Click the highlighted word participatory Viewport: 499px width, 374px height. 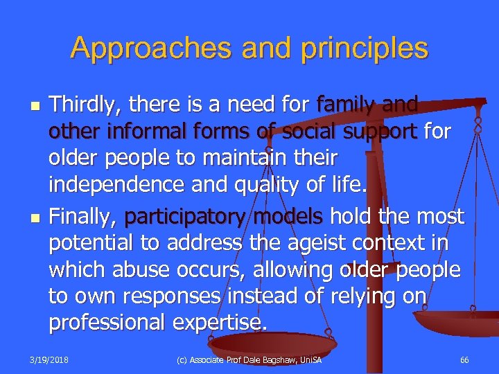(x=185, y=216)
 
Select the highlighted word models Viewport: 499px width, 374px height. (x=288, y=216)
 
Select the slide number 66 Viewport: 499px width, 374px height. (x=464, y=360)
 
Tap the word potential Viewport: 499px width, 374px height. (x=94, y=243)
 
